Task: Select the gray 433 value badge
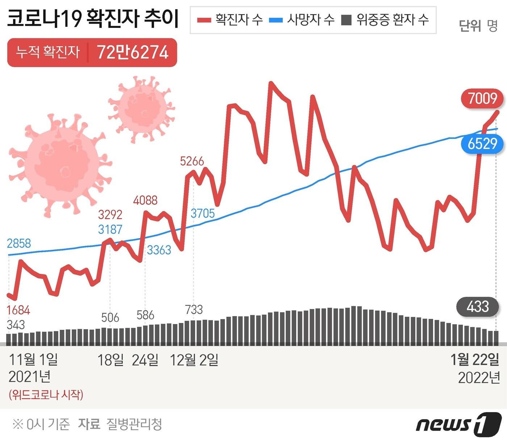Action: (x=478, y=307)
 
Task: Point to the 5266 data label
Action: (x=192, y=161)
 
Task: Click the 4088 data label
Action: (x=145, y=200)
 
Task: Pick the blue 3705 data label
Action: (x=203, y=213)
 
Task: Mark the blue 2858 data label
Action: (x=19, y=244)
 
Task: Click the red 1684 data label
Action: (x=18, y=310)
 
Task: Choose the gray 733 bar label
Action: (x=194, y=310)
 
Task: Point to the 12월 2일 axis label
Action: (x=194, y=360)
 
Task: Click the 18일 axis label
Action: (x=110, y=360)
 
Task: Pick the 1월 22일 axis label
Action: (x=475, y=360)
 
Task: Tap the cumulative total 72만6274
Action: (x=133, y=53)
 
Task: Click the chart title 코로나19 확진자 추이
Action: (x=93, y=18)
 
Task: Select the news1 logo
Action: (x=459, y=424)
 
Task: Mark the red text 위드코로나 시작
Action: (x=46, y=395)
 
